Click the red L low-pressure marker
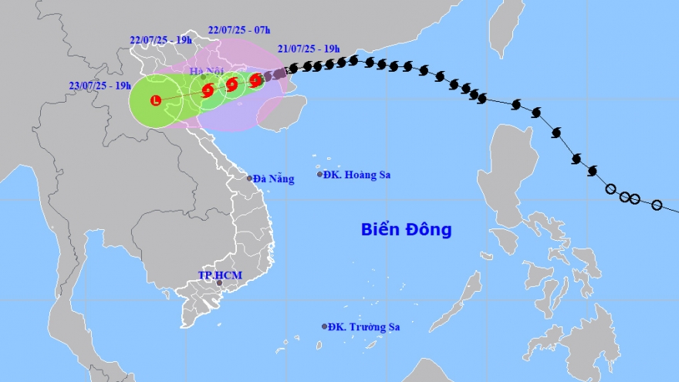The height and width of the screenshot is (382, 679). click(156, 100)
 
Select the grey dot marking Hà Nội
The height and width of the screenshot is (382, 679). click(203, 77)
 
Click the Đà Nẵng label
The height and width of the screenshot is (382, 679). click(274, 179)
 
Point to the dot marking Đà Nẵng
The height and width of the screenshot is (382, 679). click(249, 178)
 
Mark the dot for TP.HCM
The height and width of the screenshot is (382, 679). click(219, 283)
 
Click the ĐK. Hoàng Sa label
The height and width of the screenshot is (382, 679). click(357, 175)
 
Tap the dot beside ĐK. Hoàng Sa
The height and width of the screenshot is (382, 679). click(320, 174)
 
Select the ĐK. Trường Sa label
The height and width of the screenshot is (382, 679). click(365, 326)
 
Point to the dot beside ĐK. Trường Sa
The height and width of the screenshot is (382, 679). click(324, 326)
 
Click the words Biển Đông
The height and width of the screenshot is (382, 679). click(406, 229)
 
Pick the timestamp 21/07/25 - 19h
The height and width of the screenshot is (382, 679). click(309, 48)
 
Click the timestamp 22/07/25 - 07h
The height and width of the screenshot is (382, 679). click(239, 30)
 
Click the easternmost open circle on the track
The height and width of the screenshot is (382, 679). click(657, 205)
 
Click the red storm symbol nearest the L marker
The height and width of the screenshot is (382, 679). click(208, 90)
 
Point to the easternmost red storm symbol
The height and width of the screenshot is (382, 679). click(255, 79)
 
